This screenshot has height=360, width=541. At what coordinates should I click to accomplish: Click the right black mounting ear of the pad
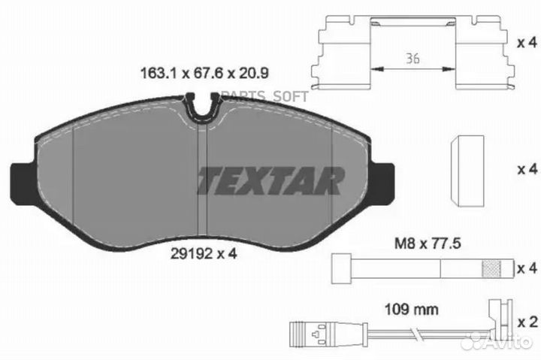click(x=384, y=181)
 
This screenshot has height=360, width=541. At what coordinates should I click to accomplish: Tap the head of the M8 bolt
click(x=340, y=268)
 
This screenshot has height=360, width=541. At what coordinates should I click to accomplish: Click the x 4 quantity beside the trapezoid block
click(x=527, y=171)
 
